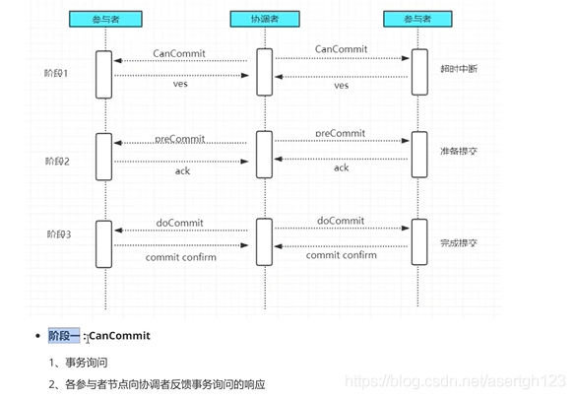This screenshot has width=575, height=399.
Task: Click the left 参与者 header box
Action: [x=103, y=19]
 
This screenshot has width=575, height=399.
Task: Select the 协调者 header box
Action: [x=263, y=19]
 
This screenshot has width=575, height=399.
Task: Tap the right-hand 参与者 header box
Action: [x=419, y=19]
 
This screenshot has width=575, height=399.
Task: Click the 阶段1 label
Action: [x=58, y=73]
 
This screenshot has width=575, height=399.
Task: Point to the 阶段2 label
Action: [x=58, y=160]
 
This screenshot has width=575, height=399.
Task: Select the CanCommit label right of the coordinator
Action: [x=341, y=48]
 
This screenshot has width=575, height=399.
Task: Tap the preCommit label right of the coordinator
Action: [x=341, y=133]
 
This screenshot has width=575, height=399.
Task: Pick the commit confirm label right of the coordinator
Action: [x=341, y=255]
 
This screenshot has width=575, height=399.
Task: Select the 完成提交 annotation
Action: [x=459, y=242]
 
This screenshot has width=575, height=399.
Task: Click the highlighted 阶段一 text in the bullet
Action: [x=65, y=336]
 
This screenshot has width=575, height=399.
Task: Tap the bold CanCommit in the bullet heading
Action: [x=119, y=336]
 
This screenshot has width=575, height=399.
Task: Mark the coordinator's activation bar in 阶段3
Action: [x=263, y=241]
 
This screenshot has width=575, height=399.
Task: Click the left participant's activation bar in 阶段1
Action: [x=103, y=74]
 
